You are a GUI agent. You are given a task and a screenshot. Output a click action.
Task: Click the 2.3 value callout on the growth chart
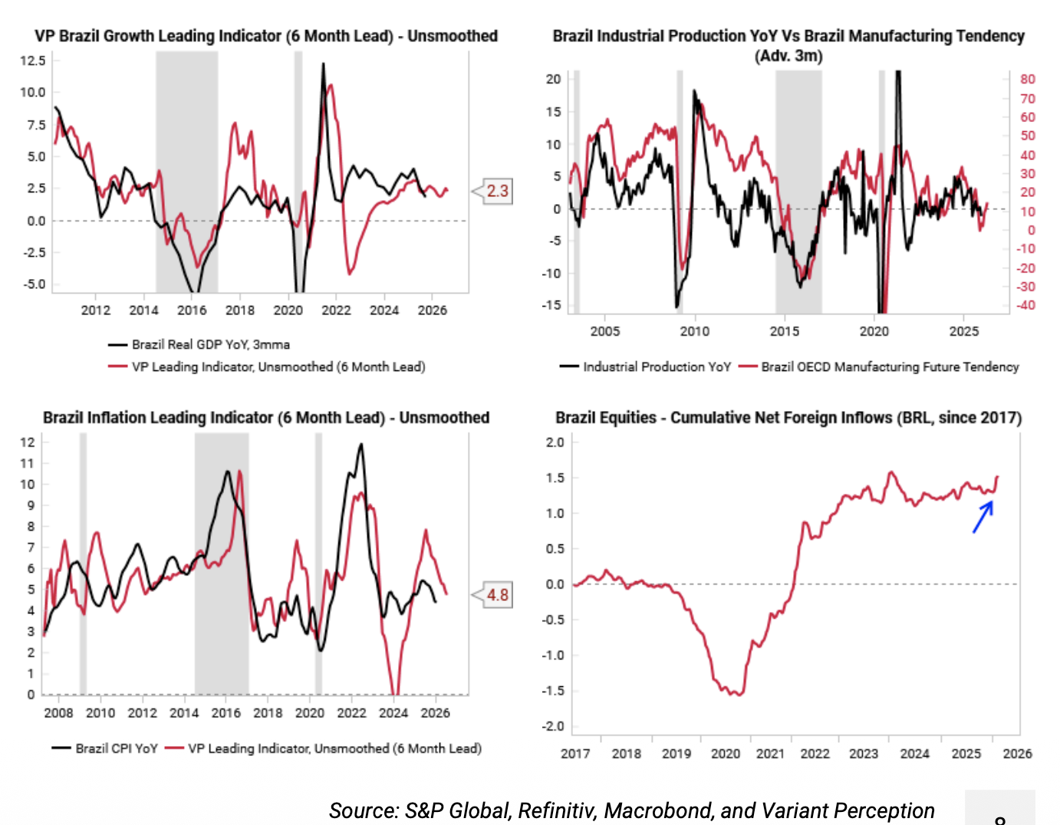coord(497,191)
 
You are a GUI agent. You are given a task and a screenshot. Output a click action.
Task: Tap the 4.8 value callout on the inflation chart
coord(497,595)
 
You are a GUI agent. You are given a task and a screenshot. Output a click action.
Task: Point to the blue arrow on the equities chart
coord(983,516)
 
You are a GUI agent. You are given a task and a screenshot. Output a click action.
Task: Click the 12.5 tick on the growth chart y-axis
coord(33,61)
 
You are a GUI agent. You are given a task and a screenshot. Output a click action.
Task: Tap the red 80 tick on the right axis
coord(1027,79)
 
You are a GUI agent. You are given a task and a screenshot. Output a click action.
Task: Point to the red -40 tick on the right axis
coord(1025,305)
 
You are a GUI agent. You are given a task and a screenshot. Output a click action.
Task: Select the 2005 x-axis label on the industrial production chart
coord(604,331)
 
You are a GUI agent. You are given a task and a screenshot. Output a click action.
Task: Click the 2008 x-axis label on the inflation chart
coord(58,713)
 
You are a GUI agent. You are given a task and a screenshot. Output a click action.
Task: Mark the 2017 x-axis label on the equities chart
coord(575,754)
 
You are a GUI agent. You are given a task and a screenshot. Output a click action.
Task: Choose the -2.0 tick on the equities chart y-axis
coord(555,726)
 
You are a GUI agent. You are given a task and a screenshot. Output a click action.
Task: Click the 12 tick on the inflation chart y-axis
coord(28,442)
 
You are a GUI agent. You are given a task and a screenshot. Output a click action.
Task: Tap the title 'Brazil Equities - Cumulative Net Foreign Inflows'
coord(788,418)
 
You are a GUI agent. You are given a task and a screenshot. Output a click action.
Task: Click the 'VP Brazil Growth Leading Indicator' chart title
coord(265,36)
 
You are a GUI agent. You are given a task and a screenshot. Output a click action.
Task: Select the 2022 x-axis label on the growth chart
coord(336,311)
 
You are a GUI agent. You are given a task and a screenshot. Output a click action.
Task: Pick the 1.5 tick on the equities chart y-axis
coord(555,478)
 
